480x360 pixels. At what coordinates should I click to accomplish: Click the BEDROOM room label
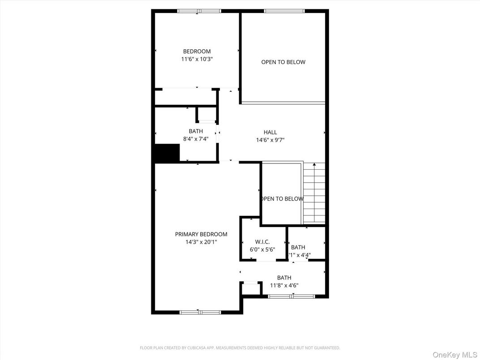click(x=197, y=51)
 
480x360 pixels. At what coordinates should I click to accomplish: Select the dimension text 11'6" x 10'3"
click(x=197, y=59)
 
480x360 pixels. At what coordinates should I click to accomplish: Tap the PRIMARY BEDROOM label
click(x=201, y=234)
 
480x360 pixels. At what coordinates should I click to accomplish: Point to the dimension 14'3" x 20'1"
click(x=201, y=242)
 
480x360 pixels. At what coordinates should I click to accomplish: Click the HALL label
click(x=270, y=132)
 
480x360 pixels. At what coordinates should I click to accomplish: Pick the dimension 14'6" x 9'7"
click(x=270, y=140)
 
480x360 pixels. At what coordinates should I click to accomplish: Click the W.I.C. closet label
click(x=262, y=242)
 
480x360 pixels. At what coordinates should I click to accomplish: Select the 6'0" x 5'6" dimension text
click(x=262, y=249)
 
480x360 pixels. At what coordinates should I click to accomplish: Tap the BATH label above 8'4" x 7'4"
click(x=196, y=131)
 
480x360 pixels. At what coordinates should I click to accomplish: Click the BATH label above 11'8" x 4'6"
click(x=284, y=278)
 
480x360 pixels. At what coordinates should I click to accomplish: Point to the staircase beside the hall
click(x=314, y=193)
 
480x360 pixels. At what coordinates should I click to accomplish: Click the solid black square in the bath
click(x=167, y=153)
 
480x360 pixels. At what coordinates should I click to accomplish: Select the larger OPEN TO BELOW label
click(x=283, y=62)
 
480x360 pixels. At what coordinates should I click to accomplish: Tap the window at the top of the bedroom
click(x=199, y=11)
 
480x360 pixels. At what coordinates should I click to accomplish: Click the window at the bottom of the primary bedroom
click(x=200, y=312)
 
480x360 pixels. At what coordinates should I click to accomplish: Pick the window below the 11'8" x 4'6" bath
click(x=291, y=296)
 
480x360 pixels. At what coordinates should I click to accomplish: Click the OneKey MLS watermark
click(x=454, y=355)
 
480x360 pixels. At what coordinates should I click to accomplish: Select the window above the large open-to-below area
click(x=284, y=11)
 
